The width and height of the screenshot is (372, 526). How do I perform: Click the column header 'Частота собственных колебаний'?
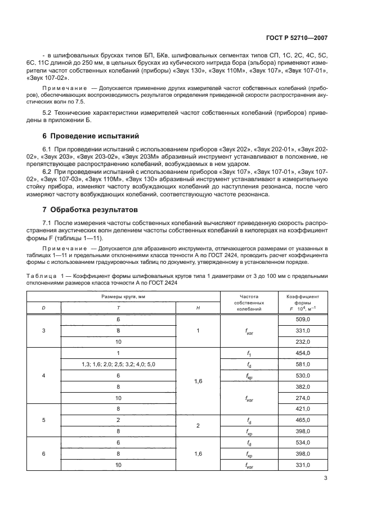point(248,302)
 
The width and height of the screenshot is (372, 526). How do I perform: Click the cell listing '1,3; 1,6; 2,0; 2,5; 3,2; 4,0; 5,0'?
point(119,364)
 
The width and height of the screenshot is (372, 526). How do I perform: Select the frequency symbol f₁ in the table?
point(248,353)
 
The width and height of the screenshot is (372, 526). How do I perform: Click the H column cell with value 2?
point(198,425)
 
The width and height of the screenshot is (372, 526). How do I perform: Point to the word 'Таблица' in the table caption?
point(39,275)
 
